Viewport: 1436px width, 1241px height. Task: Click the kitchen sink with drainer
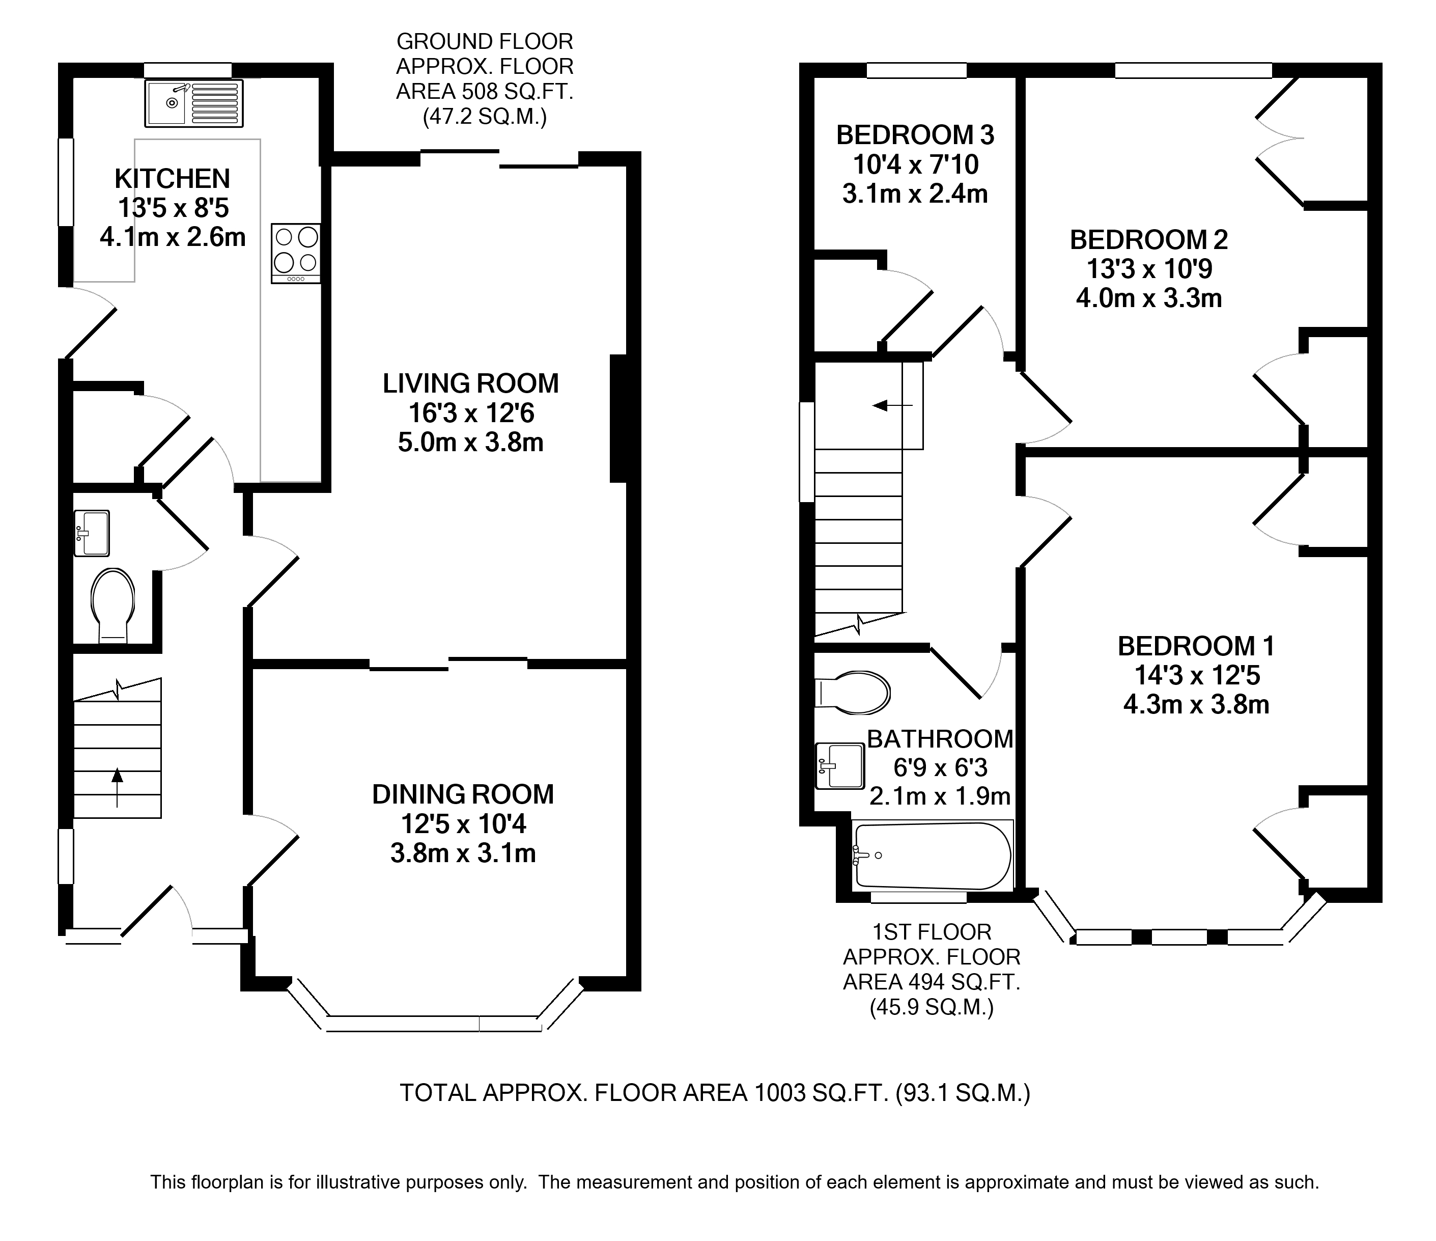pyautogui.click(x=194, y=104)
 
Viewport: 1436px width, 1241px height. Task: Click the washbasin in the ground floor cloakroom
pyautogui.click(x=92, y=533)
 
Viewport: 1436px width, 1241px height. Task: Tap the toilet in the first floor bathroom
pyautogui.click(x=853, y=693)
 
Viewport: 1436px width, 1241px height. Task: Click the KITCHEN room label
pyautogui.click(x=172, y=179)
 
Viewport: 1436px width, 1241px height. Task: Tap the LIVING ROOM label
pyautogui.click(x=470, y=383)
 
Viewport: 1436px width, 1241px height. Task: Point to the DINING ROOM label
pyautogui.click(x=463, y=794)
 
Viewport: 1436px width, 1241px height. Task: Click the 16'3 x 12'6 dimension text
pyautogui.click(x=471, y=413)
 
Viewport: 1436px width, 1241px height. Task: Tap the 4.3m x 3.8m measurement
pyautogui.click(x=1196, y=704)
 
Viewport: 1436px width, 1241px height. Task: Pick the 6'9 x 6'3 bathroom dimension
pyautogui.click(x=940, y=767)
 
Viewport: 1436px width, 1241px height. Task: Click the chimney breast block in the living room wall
pyautogui.click(x=618, y=418)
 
